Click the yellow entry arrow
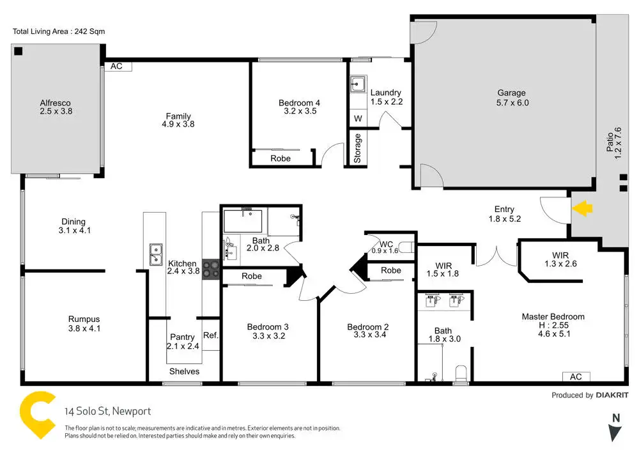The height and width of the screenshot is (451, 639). tap(582, 208)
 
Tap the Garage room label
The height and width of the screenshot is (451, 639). tap(511, 93)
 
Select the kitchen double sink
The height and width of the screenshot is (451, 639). tap(156, 254)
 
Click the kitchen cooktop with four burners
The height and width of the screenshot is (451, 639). tap(211, 270)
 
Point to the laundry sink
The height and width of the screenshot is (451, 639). tap(357, 84)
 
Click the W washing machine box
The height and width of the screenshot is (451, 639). tap(358, 118)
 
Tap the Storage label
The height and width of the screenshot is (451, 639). tap(357, 148)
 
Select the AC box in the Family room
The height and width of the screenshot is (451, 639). tap(116, 66)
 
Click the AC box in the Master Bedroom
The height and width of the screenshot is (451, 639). tap(576, 377)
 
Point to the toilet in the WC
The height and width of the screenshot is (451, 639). tap(406, 247)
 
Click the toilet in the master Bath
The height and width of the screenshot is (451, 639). tap(461, 374)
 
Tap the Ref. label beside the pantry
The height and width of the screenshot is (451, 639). tap(211, 335)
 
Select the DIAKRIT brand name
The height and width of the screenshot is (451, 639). tap(612, 395)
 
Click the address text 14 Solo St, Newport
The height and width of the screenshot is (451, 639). tap(107, 411)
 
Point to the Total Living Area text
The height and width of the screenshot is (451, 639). tap(59, 31)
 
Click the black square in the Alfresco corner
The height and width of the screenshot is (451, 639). tap(19, 51)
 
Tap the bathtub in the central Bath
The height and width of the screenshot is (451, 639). tap(243, 222)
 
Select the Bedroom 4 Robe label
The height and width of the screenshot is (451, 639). tap(281, 158)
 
